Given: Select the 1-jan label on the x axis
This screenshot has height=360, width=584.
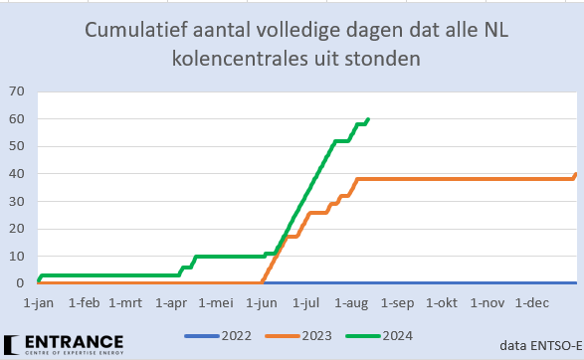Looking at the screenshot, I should pyautogui.click(x=38, y=301).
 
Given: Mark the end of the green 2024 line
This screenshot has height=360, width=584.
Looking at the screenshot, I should pyautogui.click(x=368, y=119).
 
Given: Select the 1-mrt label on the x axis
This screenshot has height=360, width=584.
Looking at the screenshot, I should pyautogui.click(x=126, y=301).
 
